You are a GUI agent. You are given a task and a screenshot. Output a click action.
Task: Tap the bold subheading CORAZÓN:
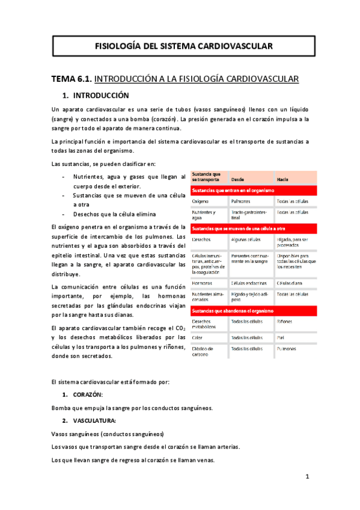point(88,394)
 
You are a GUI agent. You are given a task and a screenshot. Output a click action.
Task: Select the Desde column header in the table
point(237,179)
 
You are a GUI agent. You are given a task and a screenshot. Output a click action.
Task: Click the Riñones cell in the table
point(285,322)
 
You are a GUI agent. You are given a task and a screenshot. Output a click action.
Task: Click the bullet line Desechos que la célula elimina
point(114,215)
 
